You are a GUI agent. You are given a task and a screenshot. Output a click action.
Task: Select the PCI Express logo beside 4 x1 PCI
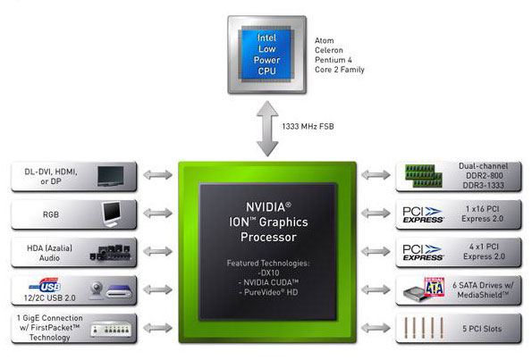(x=424, y=252)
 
